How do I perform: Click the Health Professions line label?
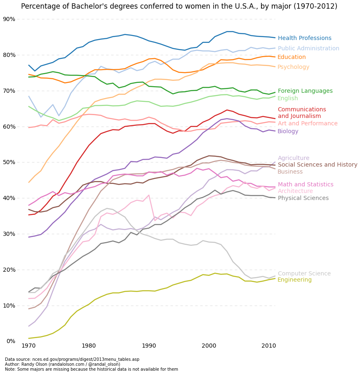pos(304,38)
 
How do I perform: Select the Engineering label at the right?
pos(294,280)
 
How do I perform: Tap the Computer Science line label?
pos(304,274)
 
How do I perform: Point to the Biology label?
pos(288,132)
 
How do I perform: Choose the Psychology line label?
pos(293,67)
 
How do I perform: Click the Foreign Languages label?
pos(305,91)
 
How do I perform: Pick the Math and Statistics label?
pos(305,185)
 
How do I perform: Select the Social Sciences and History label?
pos(317,165)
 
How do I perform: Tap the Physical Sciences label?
pos(303,198)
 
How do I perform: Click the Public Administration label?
pos(308,49)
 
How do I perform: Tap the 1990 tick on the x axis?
pos(148,345)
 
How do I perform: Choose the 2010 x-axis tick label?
pos(268,345)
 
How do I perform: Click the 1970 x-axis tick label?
pos(28,345)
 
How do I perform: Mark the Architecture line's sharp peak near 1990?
pos(148,195)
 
